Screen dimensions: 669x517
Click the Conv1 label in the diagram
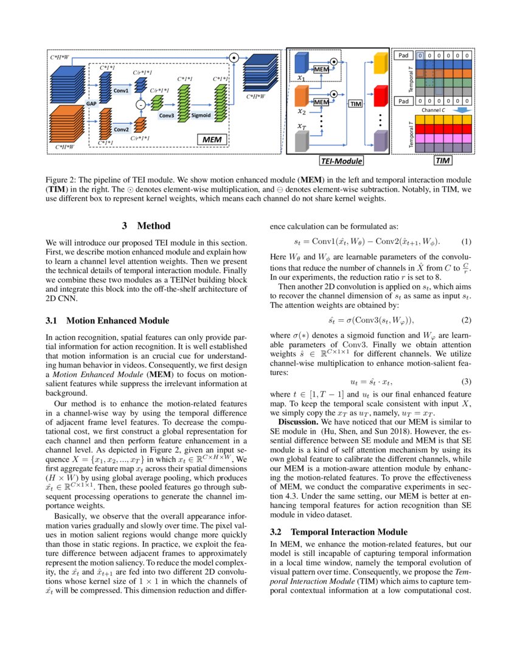tap(121, 91)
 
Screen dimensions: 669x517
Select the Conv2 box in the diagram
tap(121, 129)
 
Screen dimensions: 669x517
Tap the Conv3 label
tap(167, 115)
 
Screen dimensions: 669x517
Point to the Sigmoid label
tap(201, 115)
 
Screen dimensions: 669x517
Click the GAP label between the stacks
tap(92, 104)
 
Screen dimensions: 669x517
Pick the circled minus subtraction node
tap(140, 105)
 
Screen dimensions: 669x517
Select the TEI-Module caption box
tap(341, 161)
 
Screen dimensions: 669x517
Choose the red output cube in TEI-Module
tap(380, 95)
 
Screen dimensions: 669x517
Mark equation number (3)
tap(467, 381)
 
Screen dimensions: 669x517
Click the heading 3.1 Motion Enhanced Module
tap(107, 321)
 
